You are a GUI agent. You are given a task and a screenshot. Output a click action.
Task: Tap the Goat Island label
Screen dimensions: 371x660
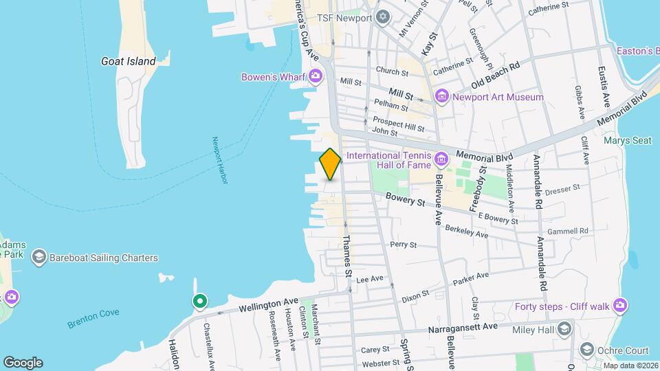click(x=128, y=61)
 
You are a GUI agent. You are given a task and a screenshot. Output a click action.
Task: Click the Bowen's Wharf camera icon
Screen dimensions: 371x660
click(x=316, y=76)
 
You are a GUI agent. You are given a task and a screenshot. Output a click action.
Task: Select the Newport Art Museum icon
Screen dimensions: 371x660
click(x=441, y=97)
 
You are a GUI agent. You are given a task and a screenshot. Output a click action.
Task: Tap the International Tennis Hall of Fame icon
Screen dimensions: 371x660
click(x=441, y=160)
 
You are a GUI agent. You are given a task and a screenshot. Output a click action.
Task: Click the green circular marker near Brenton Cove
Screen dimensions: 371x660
click(x=200, y=301)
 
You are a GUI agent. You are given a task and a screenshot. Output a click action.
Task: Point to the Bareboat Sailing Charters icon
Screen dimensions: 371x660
click(x=38, y=258)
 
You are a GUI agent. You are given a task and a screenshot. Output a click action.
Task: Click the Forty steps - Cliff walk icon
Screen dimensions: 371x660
click(x=621, y=305)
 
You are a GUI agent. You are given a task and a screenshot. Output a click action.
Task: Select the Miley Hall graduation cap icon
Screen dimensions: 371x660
click(x=565, y=327)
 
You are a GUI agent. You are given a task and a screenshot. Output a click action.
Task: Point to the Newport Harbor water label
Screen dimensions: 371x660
click(x=219, y=159)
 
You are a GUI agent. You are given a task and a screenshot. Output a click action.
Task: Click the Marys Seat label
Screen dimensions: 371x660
click(x=627, y=141)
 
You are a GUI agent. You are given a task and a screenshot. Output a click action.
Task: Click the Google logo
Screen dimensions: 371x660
click(x=23, y=362)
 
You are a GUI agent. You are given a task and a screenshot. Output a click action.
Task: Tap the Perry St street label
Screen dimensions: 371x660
click(x=403, y=244)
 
